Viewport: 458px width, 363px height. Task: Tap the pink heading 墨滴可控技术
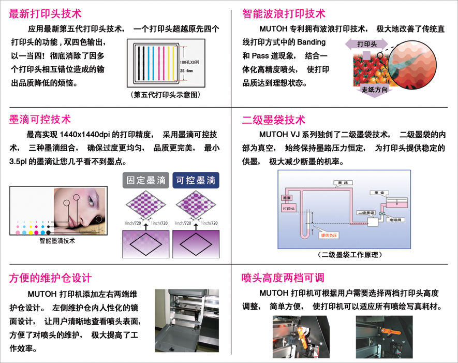[x=40, y=120]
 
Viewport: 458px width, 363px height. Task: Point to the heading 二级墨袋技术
[x=274, y=120]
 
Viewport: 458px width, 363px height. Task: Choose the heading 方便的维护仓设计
[x=50, y=278]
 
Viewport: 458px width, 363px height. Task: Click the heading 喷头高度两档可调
[x=284, y=278]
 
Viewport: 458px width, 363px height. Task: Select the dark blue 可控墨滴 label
[x=196, y=180]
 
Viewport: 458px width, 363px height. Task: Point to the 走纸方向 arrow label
[x=374, y=90]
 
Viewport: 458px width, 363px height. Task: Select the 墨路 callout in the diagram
[x=342, y=183]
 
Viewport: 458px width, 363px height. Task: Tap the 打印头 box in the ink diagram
[x=289, y=208]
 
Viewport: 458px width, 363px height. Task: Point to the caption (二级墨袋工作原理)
[x=350, y=254]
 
